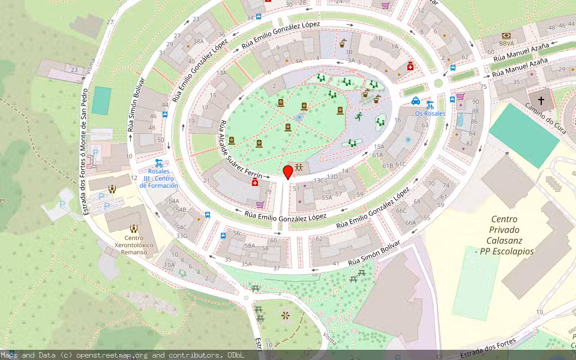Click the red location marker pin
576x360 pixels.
[x=288, y=172]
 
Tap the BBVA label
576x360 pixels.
[x=506, y=44]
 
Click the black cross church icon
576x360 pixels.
[x=541, y=101]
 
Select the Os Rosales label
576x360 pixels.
[x=430, y=113]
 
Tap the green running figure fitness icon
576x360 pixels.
[x=358, y=116]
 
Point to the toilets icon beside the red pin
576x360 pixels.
[x=299, y=167]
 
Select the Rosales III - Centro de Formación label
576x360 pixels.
[x=159, y=179]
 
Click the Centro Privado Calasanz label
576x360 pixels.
[x=503, y=235]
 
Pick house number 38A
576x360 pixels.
[x=199, y=41]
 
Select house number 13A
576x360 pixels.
[x=221, y=73]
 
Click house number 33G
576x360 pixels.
[x=182, y=236]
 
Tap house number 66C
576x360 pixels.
[x=401, y=211]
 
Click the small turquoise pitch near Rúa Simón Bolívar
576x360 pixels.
[x=101, y=100]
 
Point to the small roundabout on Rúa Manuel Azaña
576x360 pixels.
[x=438, y=84]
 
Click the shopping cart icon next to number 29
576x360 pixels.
[x=260, y=205]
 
